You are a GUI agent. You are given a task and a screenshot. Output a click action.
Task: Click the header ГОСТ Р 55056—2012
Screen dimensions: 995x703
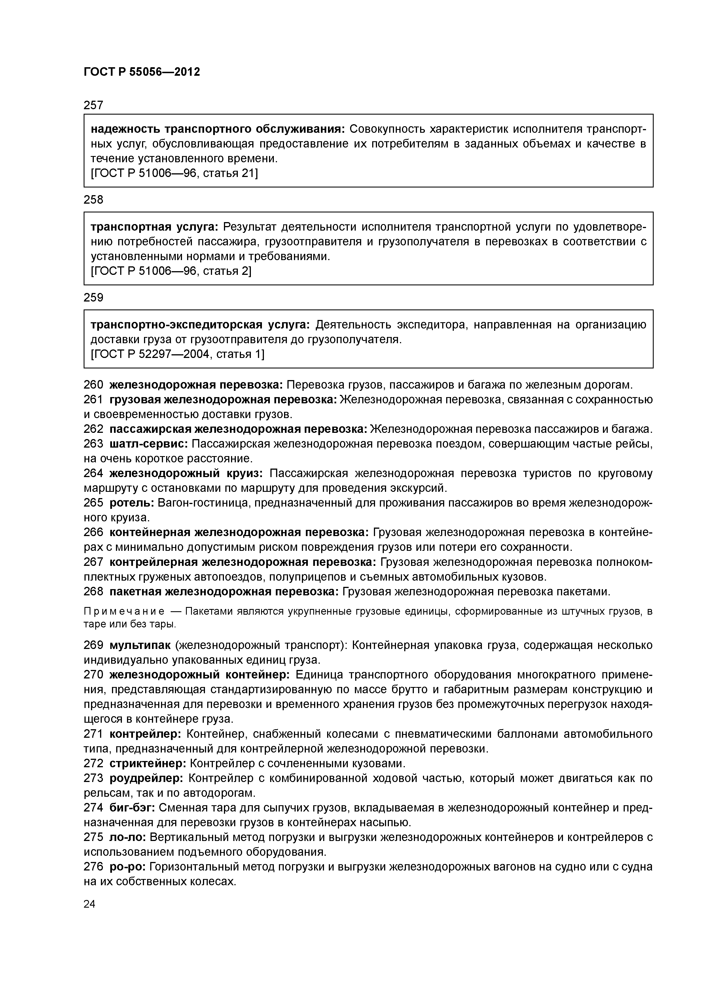pyautogui.click(x=142, y=72)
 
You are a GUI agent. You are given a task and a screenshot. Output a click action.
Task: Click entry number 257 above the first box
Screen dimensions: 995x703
pyautogui.click(x=93, y=105)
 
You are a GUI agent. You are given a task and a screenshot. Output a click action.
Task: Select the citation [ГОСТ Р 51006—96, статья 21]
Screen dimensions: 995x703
pyautogui.click(x=174, y=173)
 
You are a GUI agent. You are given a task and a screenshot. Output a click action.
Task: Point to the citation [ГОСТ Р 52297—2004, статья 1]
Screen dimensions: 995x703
pyautogui.click(x=177, y=354)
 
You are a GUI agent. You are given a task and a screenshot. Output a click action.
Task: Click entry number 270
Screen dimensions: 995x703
pyautogui.click(x=93, y=675)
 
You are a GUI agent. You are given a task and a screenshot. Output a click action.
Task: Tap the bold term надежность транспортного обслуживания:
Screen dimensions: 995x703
pyautogui.click(x=217, y=129)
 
